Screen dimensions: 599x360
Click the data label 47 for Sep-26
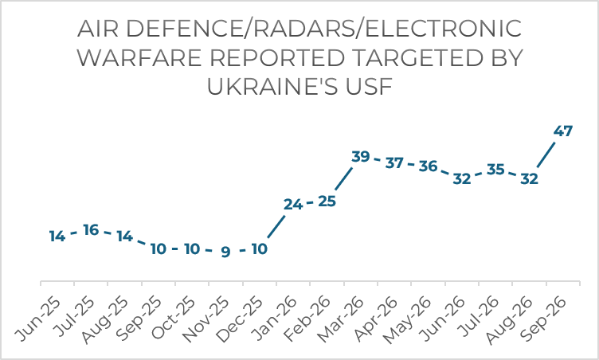[x=562, y=131]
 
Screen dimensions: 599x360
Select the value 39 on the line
[x=361, y=156]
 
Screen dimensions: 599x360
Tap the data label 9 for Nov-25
[x=225, y=252]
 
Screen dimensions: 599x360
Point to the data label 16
[x=91, y=229]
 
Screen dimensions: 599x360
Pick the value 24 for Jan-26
[x=293, y=205]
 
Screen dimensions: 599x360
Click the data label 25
[x=327, y=201]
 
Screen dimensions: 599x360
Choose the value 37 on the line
[x=394, y=162]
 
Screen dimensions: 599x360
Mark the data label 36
[x=428, y=166]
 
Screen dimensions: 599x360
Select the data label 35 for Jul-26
[x=495, y=169]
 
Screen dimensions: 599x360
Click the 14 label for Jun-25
[x=57, y=237]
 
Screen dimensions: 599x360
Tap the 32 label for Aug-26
[x=529, y=178]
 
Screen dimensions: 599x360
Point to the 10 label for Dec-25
[x=260, y=248]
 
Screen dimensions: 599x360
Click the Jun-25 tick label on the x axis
[x=37, y=319]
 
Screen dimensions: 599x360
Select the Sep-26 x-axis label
[x=543, y=319]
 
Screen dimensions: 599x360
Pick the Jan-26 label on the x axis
[x=274, y=319]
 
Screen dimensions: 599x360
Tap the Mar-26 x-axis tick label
[x=341, y=320]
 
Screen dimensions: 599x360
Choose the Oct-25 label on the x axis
[x=173, y=319]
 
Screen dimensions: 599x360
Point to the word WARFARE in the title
[x=139, y=58]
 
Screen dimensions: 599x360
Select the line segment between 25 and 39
[x=344, y=178]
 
